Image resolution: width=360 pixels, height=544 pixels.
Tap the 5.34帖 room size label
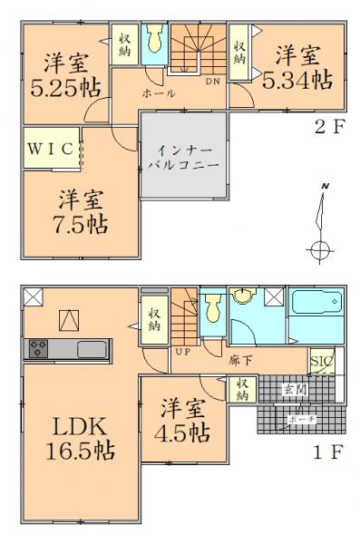[x=296, y=81]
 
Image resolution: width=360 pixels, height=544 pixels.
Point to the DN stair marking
[x=211, y=81]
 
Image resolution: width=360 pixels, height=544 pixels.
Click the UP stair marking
[x=181, y=349]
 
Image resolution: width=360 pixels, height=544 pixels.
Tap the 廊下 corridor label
[x=240, y=360]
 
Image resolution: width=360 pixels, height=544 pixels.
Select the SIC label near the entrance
[x=321, y=362]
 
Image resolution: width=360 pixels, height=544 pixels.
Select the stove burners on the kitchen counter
[x=40, y=348]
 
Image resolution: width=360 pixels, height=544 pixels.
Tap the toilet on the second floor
[x=154, y=38]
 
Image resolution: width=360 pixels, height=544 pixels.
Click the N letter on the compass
[x=325, y=187]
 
